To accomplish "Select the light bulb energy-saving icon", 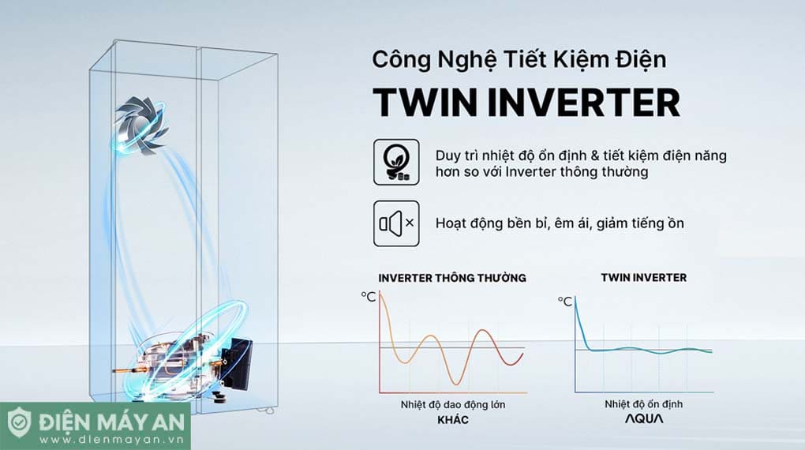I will [395, 163].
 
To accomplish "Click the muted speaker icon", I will [395, 223].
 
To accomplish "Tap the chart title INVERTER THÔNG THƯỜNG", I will [452, 278].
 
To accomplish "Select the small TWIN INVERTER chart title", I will [643, 277].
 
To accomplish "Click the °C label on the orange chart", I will [369, 296].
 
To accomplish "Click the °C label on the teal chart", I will [565, 301].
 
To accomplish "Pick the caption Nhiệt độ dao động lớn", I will [452, 405].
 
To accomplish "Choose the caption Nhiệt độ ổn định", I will [643, 404].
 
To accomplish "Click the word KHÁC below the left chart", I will [452, 420].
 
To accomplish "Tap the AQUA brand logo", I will [643, 420].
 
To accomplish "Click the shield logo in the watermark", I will [21, 424].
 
